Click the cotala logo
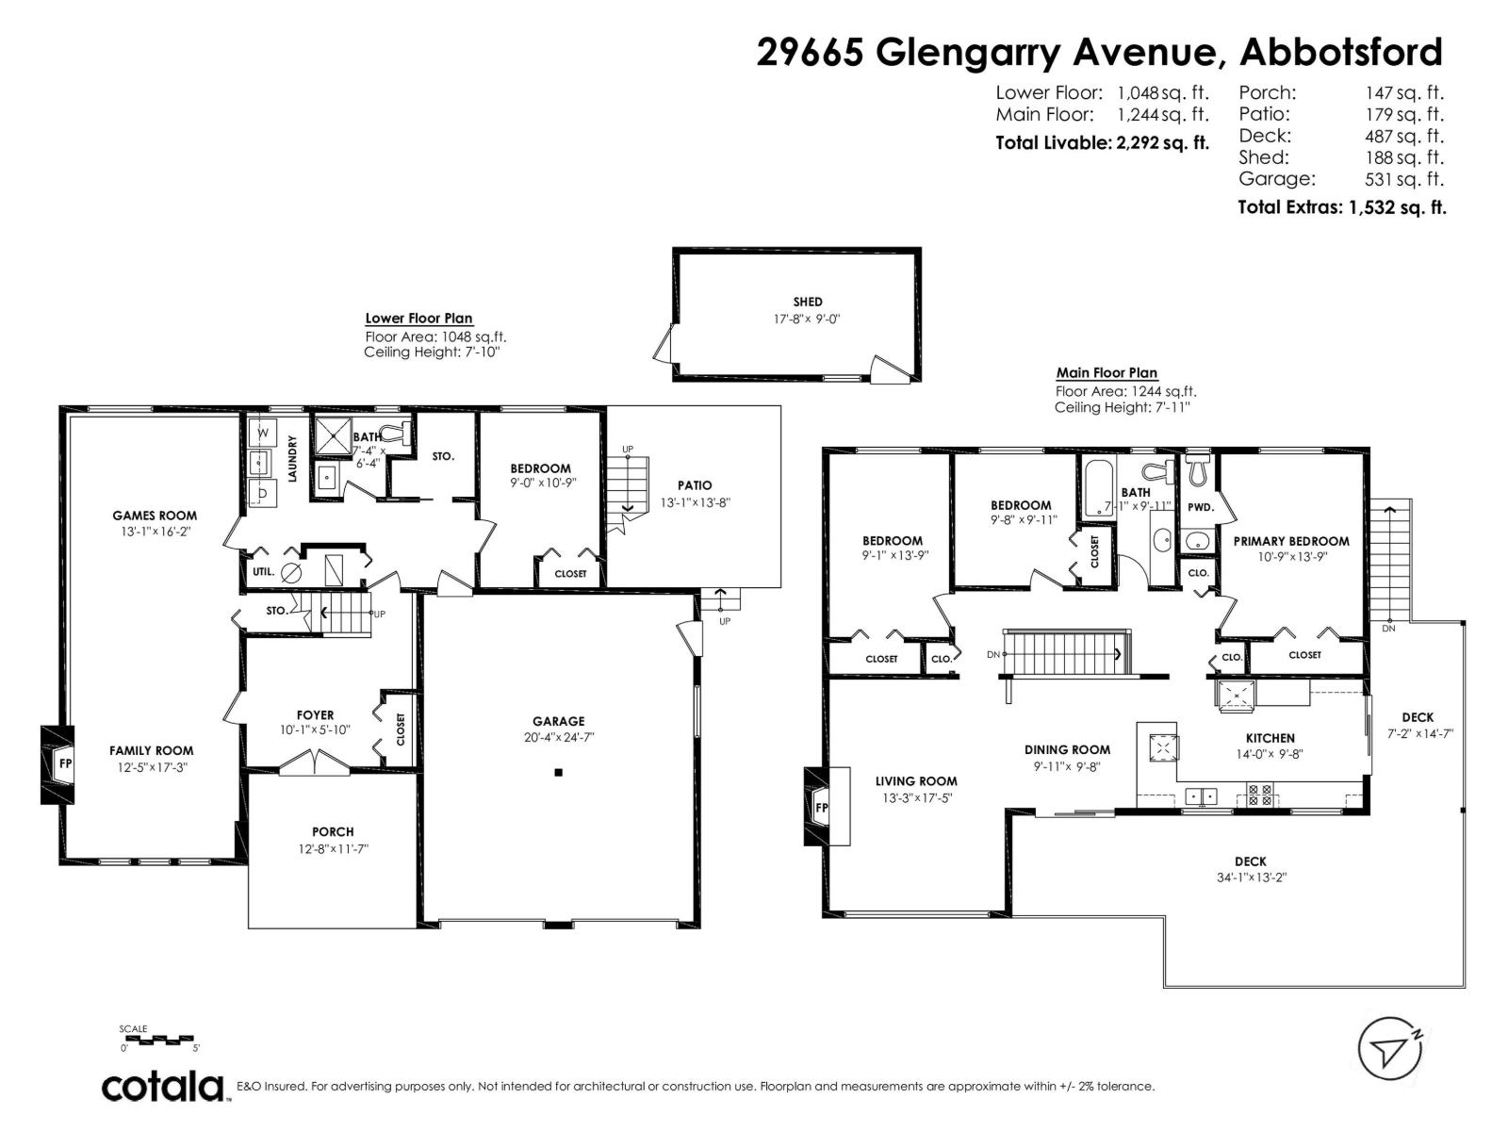[162, 1086]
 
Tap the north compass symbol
[1389, 1048]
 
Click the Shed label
[807, 302]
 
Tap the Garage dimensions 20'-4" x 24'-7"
[558, 738]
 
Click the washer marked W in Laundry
[261, 433]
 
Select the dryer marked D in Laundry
[263, 493]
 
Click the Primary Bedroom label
[1290, 541]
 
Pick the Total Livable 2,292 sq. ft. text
[1101, 143]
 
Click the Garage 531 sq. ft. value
[1403, 179]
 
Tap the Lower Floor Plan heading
[418, 319]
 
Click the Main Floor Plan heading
[1106, 373]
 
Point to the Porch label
[333, 831]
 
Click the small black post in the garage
[558, 773]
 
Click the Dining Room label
[1067, 749]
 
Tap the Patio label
[694, 485]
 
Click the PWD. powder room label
[1199, 507]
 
